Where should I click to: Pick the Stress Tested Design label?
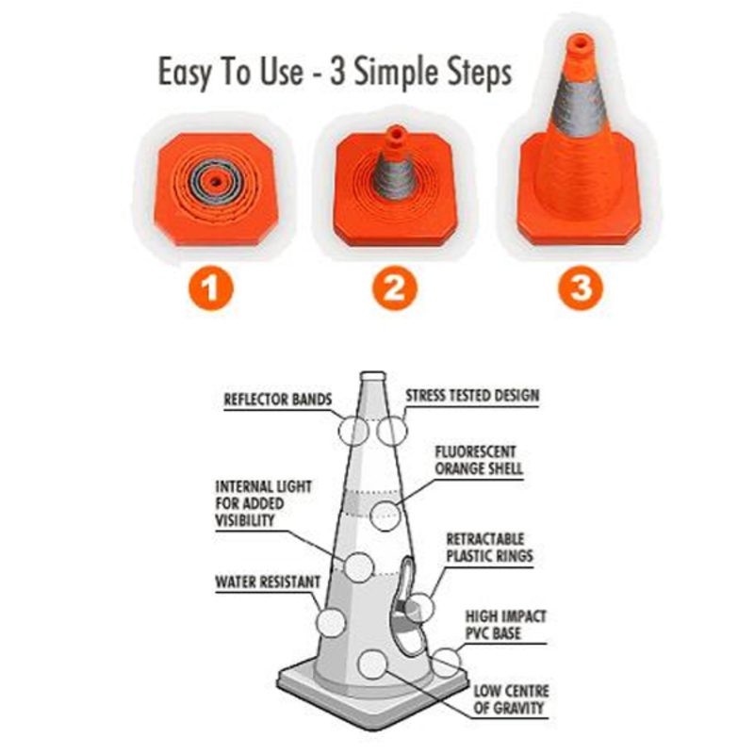click(x=472, y=395)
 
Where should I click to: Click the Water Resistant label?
click(x=268, y=582)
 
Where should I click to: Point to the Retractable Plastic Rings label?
click(x=489, y=547)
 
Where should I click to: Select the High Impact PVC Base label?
click(x=506, y=625)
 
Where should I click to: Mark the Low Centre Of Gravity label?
click(x=509, y=698)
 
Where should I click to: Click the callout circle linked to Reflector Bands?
click(x=354, y=430)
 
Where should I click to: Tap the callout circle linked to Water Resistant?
click(x=331, y=622)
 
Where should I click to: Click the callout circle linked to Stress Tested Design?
click(x=391, y=430)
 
